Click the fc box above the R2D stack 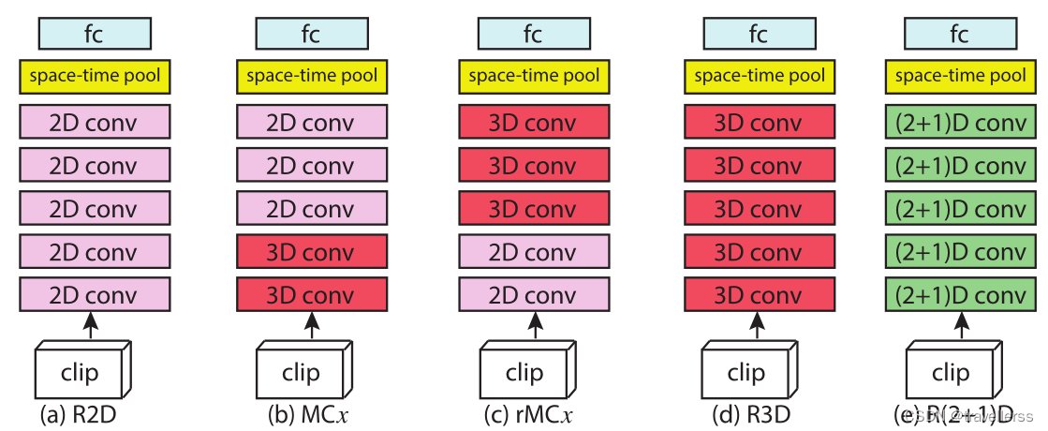pyautogui.click(x=95, y=35)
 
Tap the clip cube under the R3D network pyautogui.click(x=745, y=372)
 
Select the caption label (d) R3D pyautogui.click(x=746, y=413)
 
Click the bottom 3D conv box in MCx pyautogui.click(x=312, y=295)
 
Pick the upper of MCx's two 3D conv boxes pyautogui.click(x=312, y=252)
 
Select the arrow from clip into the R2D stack pyautogui.click(x=90, y=327)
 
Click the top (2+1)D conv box pyautogui.click(x=960, y=123)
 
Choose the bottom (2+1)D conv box pyautogui.click(x=960, y=295)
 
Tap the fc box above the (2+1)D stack pyautogui.click(x=960, y=35)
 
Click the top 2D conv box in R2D pyautogui.click(x=95, y=123)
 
